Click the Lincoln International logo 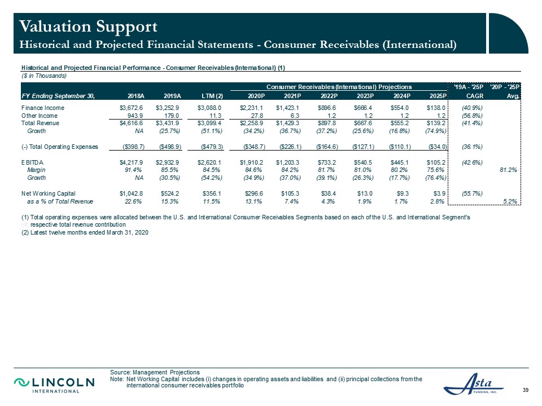tap(54, 385)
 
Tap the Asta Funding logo tap(474, 383)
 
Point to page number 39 tap(526, 390)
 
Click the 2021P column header tap(292, 96)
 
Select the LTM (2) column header tap(212, 96)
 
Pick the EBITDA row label tap(33, 162)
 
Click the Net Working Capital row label tap(49, 193)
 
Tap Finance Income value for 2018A tap(131, 108)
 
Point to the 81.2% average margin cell tap(509, 170)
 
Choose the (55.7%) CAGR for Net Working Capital tap(472, 193)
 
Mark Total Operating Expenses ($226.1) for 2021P tap(290, 147)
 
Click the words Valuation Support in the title tap(89, 27)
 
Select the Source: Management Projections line tap(155, 373)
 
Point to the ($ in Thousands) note tap(44, 76)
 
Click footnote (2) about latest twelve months tap(85, 233)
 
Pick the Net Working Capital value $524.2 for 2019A tap(170, 193)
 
